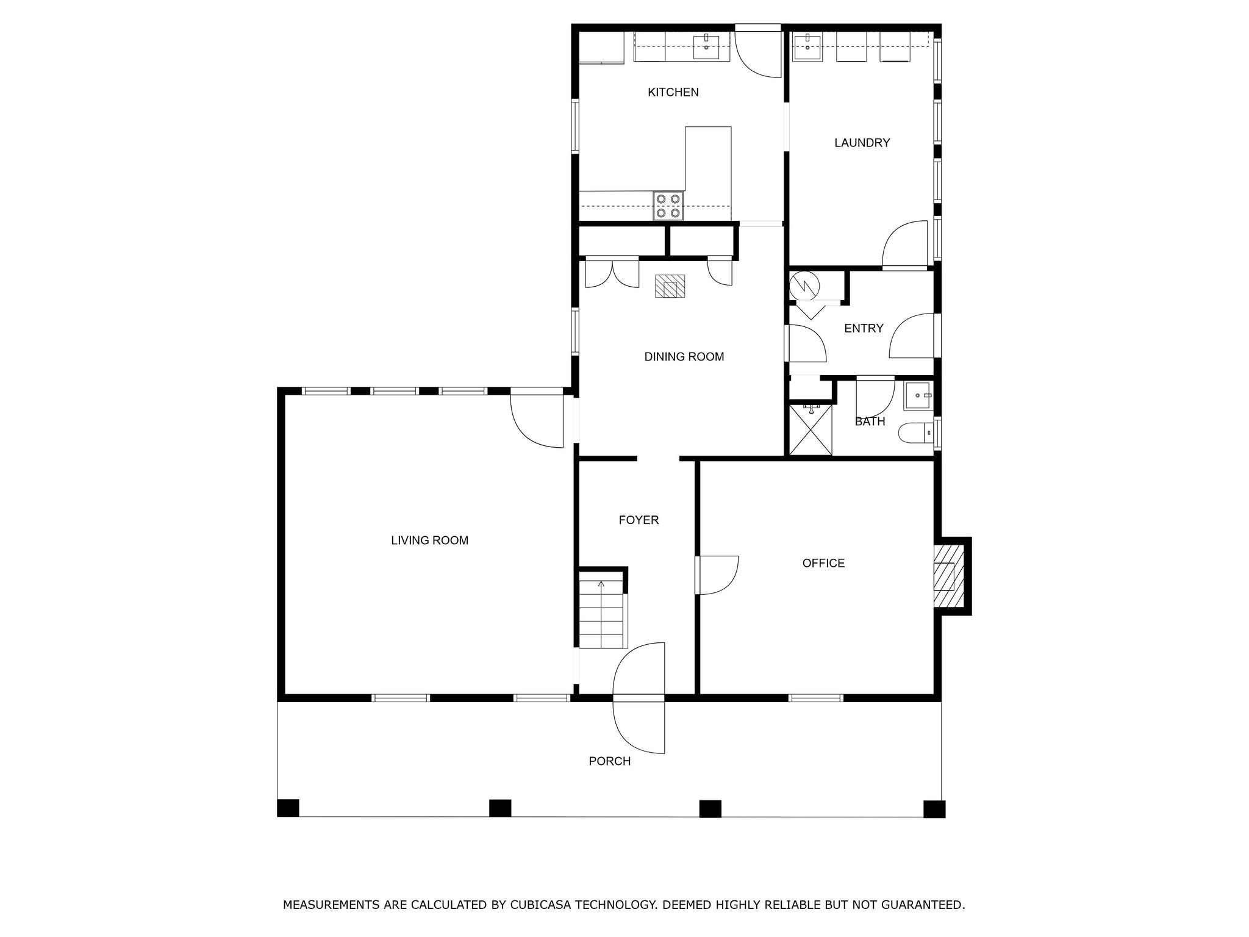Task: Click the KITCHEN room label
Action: click(x=673, y=92)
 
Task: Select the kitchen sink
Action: click(x=706, y=46)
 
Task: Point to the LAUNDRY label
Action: click(x=862, y=143)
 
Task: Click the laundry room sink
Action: click(x=808, y=46)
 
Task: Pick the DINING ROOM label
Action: click(x=684, y=357)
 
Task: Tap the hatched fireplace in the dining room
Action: click(x=670, y=286)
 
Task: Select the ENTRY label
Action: click(x=863, y=329)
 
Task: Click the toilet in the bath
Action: click(x=915, y=433)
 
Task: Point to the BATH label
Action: click(x=870, y=422)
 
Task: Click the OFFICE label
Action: click(x=823, y=564)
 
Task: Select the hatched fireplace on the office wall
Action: click(x=949, y=576)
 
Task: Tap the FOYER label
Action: click(x=639, y=520)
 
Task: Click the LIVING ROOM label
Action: click(x=429, y=540)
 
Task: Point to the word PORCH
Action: click(x=609, y=761)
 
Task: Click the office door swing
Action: click(x=717, y=575)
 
